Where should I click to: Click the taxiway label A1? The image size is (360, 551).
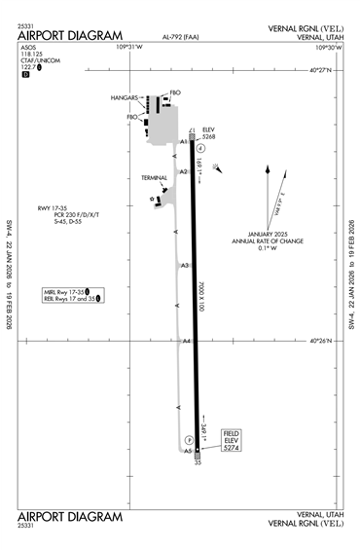[183, 141]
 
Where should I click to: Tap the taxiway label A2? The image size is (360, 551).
[183, 171]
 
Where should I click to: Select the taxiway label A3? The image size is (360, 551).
[185, 265]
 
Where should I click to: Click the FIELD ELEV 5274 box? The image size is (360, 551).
[231, 440]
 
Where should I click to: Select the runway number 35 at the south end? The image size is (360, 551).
[198, 463]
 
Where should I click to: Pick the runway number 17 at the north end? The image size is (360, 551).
[193, 129]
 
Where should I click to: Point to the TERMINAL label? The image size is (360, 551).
[155, 178]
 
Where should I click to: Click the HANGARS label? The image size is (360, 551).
[125, 97]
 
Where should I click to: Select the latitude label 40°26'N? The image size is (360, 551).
[320, 341]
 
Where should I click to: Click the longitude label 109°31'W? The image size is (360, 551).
[129, 46]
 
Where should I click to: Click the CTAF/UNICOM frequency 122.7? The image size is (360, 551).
[31, 66]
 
